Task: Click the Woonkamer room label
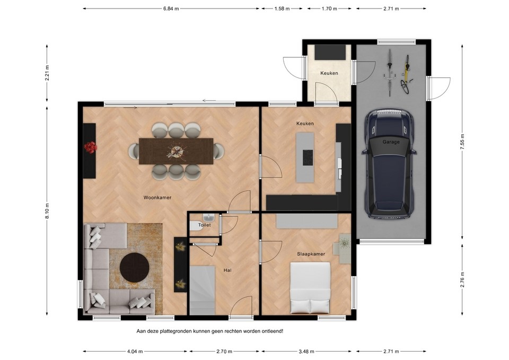(x=157, y=198)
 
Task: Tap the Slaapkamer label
(x=311, y=254)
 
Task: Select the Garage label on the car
(x=391, y=142)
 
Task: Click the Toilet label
(x=204, y=225)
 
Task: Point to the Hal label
(x=227, y=270)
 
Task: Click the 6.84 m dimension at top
(x=171, y=9)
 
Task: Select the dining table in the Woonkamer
(x=175, y=152)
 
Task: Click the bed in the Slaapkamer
(x=311, y=289)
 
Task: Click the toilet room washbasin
(x=209, y=217)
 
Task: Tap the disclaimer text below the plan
(x=209, y=331)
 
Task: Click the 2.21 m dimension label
(x=47, y=73)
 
